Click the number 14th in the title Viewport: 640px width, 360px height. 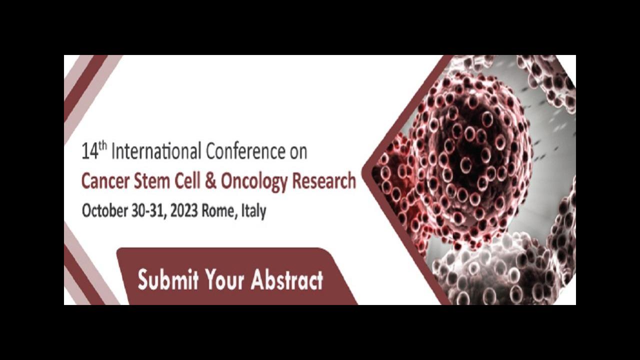click(x=94, y=150)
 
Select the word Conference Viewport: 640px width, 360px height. click(x=245, y=151)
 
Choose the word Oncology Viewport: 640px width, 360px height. click(x=254, y=183)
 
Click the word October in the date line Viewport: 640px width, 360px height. click(x=104, y=211)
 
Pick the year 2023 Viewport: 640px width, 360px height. click(x=184, y=211)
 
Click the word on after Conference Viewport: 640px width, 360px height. click(x=298, y=152)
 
